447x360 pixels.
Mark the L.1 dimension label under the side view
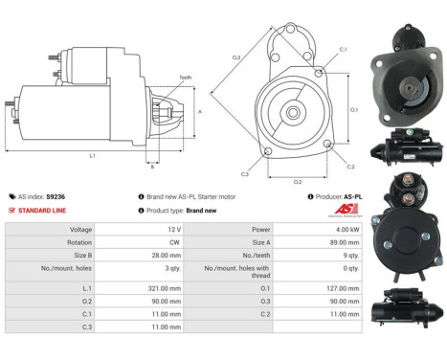pyautogui.click(x=92, y=155)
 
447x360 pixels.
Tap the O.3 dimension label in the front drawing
pyautogui.click(x=235, y=58)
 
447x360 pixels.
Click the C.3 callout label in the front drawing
pyautogui.click(x=244, y=174)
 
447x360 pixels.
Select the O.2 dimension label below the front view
pyautogui.click(x=298, y=180)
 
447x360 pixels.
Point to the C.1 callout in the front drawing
pyautogui.click(x=343, y=48)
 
